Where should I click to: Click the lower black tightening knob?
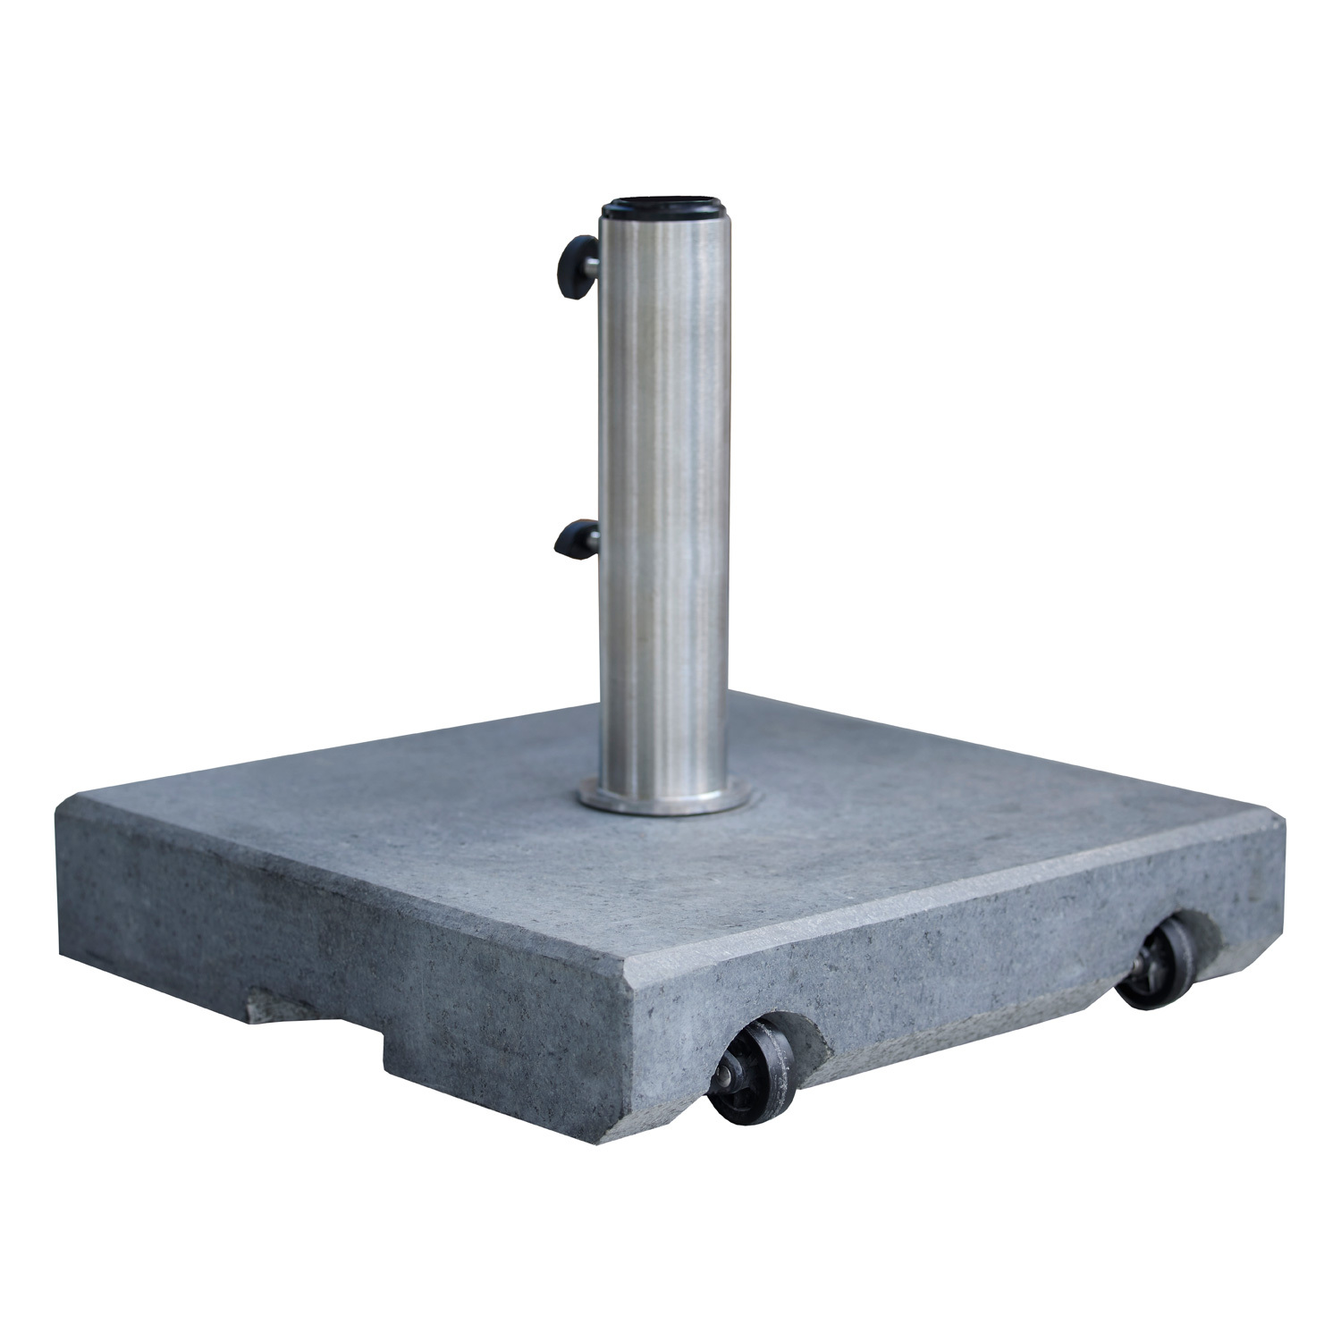569,540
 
